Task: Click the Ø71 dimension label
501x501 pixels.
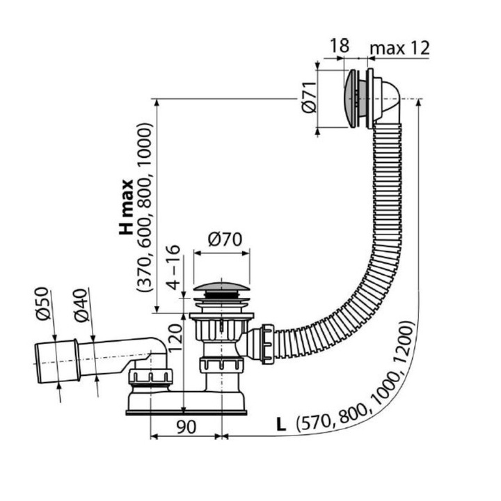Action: (309, 97)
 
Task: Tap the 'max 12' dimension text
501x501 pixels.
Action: (399, 49)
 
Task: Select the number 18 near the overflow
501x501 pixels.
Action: (340, 46)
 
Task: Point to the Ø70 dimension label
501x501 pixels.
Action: (225, 239)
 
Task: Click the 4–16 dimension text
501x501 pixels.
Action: (173, 267)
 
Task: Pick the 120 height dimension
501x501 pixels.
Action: (175, 337)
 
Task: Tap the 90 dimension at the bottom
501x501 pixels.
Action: (186, 427)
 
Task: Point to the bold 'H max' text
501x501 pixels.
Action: (126, 207)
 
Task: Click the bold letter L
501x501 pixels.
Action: (281, 424)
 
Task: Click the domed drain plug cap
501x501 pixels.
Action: (221, 286)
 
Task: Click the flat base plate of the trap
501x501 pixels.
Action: (186, 413)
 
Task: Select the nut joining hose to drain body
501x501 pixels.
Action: (267, 344)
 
